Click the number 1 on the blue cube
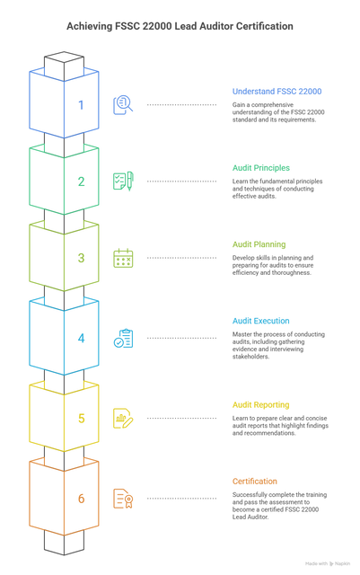[81, 105]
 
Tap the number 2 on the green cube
[82, 181]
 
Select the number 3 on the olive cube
[82, 258]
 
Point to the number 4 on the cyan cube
[82, 338]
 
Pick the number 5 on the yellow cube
[82, 418]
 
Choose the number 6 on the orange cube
[82, 499]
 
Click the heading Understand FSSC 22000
[277, 92]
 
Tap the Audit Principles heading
[261, 168]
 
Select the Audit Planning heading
[259, 244]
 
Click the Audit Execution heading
[260, 321]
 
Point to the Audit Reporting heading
[260, 405]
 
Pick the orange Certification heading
[255, 482]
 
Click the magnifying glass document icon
[123, 105]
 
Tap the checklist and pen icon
[123, 181]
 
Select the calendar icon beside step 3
[123, 258]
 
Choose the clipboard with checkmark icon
[123, 338]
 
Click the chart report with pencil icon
[123, 418]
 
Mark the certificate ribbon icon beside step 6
[123, 499]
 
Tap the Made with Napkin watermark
[328, 563]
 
